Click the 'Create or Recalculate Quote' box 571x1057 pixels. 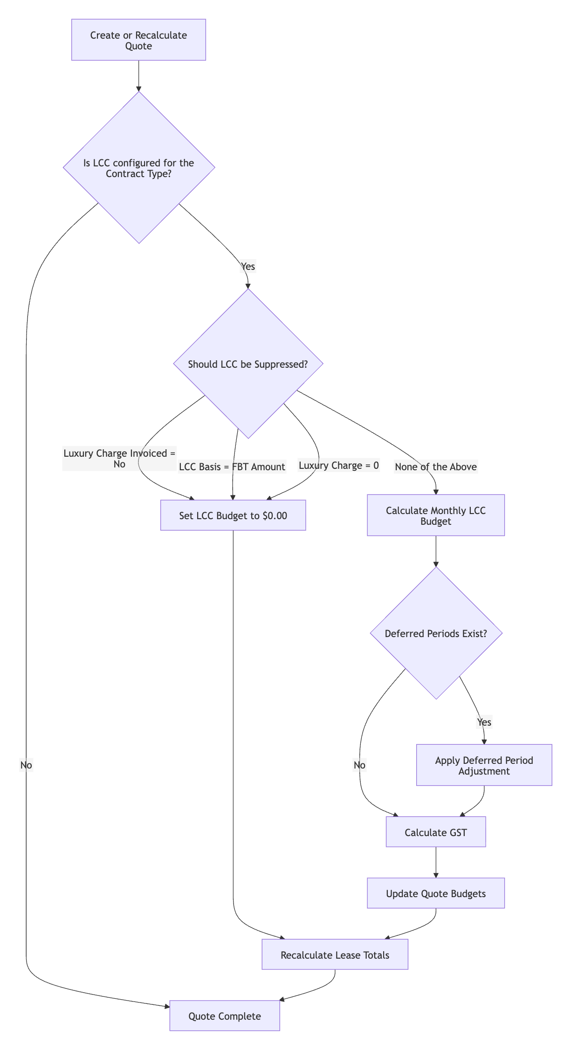[x=138, y=40]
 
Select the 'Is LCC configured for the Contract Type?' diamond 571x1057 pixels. [x=139, y=168]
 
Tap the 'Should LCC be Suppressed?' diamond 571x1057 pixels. [x=248, y=364]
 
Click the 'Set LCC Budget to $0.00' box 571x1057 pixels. [x=233, y=515]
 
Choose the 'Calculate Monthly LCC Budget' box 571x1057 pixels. [x=436, y=515]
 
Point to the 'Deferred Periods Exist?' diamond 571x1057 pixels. [x=436, y=633]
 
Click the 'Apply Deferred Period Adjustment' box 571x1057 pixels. [x=484, y=765]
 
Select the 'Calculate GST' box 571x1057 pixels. [x=436, y=832]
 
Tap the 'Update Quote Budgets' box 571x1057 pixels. [x=436, y=893]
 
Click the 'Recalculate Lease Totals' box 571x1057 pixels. [x=335, y=955]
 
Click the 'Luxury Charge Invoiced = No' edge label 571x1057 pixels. [x=119, y=459]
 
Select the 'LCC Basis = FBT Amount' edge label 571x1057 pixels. [x=232, y=467]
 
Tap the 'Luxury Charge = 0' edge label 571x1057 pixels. [x=339, y=466]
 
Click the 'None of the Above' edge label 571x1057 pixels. [x=436, y=467]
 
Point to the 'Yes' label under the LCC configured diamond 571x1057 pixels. [x=248, y=267]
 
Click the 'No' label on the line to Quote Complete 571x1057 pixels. [x=26, y=765]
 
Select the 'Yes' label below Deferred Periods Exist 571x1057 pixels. [x=484, y=722]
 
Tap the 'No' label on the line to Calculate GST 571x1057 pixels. [x=360, y=765]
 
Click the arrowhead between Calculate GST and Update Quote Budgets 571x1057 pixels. [x=436, y=875]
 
